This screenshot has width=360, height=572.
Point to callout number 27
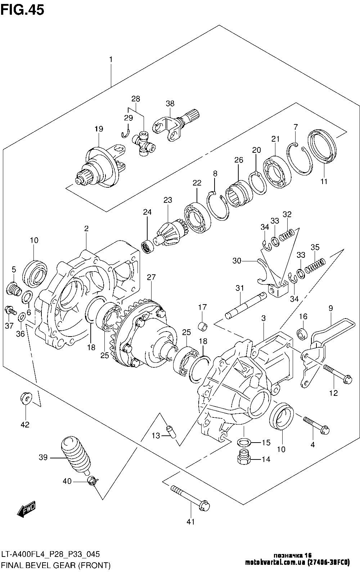point(151,277)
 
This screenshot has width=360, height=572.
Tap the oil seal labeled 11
point(322,149)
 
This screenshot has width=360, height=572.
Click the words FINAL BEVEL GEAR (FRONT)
point(55,565)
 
